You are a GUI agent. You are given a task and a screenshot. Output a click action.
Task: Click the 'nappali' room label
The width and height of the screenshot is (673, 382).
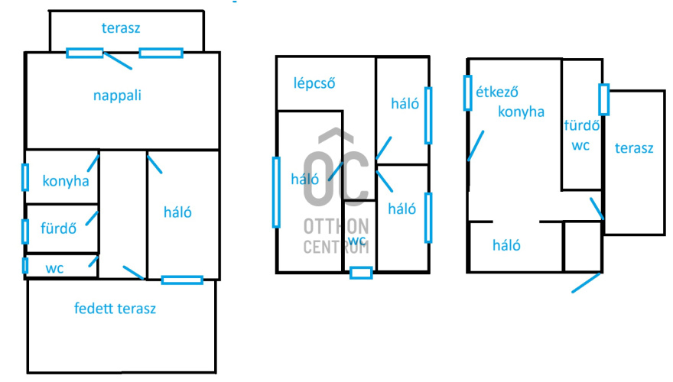click(118, 96)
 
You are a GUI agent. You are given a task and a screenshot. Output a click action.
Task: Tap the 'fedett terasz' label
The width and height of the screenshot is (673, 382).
click(115, 309)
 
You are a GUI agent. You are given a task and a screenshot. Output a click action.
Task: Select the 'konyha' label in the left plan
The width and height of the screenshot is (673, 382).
click(66, 181)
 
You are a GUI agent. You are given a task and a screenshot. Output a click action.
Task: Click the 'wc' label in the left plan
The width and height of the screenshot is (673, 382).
click(54, 268)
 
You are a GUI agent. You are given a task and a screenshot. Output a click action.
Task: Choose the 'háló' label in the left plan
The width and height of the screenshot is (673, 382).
click(177, 212)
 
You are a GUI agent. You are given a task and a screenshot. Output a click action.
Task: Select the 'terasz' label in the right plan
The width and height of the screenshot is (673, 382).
click(634, 148)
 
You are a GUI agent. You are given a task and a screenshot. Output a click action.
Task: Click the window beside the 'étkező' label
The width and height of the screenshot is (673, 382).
click(467, 92)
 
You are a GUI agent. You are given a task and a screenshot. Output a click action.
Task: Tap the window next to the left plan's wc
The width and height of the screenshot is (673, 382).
click(25, 265)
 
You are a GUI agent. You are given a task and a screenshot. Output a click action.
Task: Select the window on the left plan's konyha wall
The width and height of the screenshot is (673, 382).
click(25, 177)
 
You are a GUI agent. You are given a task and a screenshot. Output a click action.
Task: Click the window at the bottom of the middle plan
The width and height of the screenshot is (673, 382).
click(360, 272)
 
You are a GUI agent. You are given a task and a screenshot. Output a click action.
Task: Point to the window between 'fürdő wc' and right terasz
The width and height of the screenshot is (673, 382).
click(603, 99)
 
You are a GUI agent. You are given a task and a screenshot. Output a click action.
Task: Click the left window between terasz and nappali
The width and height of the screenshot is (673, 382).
click(84, 53)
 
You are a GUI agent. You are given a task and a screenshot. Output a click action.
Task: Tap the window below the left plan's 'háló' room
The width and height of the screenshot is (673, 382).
click(182, 280)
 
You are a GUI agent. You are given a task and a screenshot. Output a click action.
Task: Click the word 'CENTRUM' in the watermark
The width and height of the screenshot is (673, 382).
click(336, 247)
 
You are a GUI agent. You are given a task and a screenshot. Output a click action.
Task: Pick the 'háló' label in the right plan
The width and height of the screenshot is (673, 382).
click(506, 246)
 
